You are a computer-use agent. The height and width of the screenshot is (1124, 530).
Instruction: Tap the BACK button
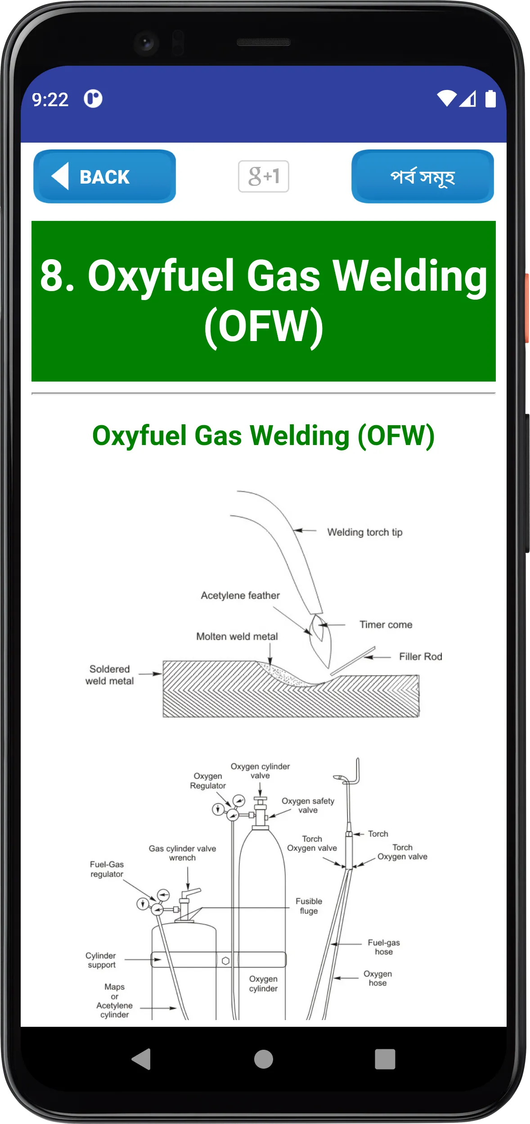click(104, 176)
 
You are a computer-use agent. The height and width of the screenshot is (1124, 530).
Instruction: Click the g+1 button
click(264, 176)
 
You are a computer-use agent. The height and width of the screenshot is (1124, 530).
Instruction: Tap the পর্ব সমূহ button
click(422, 176)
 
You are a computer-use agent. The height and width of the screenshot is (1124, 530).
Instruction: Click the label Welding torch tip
click(365, 532)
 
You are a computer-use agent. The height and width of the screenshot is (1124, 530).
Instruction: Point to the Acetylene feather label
click(240, 595)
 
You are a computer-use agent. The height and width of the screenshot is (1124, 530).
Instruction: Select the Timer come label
click(386, 625)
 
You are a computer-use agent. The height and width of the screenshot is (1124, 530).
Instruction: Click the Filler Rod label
click(421, 656)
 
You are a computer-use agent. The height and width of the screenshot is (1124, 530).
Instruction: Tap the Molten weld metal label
click(237, 636)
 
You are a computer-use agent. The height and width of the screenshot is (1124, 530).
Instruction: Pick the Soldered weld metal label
click(110, 675)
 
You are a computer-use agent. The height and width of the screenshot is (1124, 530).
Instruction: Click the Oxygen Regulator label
click(208, 781)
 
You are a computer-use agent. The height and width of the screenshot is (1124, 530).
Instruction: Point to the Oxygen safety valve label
click(308, 805)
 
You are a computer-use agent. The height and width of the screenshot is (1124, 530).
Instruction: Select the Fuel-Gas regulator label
click(107, 869)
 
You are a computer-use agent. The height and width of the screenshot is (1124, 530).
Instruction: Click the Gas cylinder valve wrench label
click(182, 853)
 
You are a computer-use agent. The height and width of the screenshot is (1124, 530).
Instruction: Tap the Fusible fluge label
click(309, 906)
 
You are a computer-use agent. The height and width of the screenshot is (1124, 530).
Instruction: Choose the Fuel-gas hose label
click(384, 947)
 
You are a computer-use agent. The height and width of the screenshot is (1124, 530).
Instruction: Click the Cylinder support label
click(101, 960)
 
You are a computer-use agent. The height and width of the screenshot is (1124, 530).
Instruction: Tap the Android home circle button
click(264, 1059)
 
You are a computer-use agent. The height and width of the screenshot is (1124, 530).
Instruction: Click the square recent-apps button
click(385, 1059)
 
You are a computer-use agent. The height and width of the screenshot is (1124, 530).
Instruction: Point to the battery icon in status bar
click(490, 99)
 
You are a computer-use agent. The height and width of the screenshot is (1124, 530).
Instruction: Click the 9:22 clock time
click(50, 99)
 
